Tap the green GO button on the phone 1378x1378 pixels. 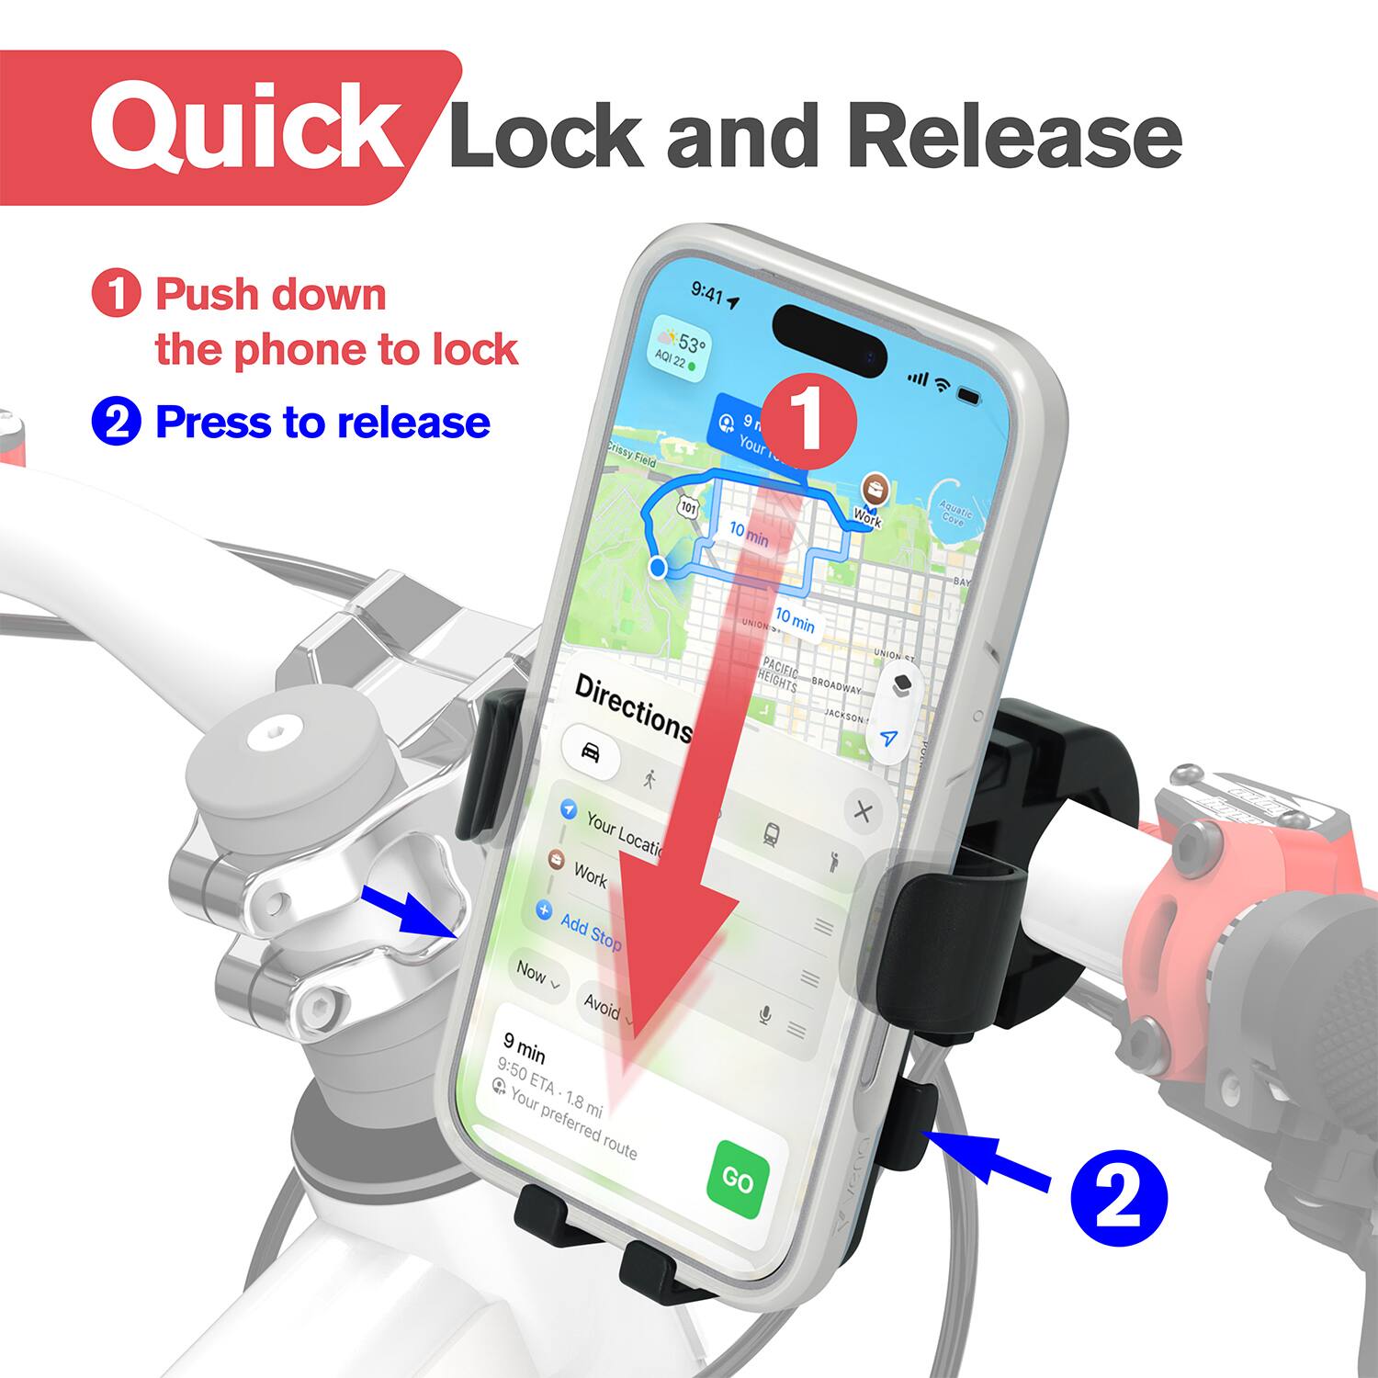[738, 1180]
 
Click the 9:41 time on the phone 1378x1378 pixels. [707, 292]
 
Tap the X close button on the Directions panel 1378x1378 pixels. [863, 812]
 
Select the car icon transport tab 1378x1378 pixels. [590, 751]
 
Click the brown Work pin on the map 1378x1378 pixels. [873, 488]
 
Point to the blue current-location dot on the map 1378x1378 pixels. [658, 567]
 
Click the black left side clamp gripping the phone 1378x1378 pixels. [487, 767]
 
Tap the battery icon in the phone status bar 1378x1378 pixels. [969, 395]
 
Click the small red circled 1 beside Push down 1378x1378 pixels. [117, 294]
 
